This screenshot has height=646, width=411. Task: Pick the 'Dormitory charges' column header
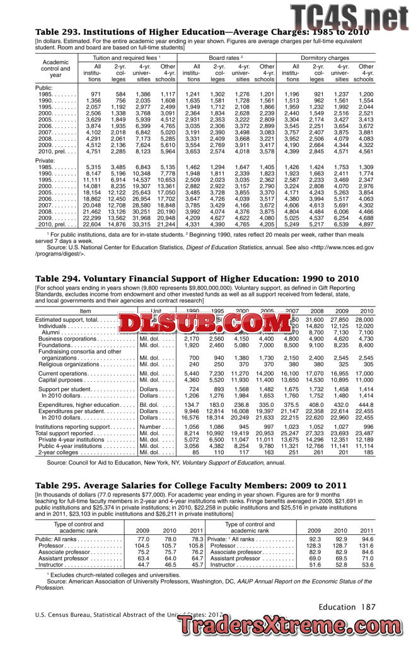[x=330, y=58]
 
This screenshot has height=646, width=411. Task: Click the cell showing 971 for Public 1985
[x=95, y=93]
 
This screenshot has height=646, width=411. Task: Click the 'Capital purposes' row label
[x=62, y=380]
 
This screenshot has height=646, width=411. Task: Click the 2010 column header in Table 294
[x=366, y=311]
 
